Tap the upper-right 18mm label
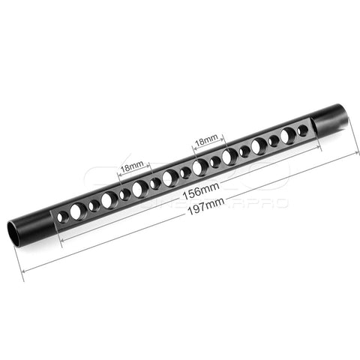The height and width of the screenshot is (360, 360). [x=205, y=139]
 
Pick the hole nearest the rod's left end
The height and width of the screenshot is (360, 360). [x=63, y=216]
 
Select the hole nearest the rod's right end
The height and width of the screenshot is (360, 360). [x=303, y=130]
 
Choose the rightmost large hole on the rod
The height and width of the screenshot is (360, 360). [x=288, y=136]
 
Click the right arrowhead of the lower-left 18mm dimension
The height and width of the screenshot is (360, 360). [x=150, y=163]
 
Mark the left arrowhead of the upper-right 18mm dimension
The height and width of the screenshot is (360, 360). [x=192, y=148]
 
